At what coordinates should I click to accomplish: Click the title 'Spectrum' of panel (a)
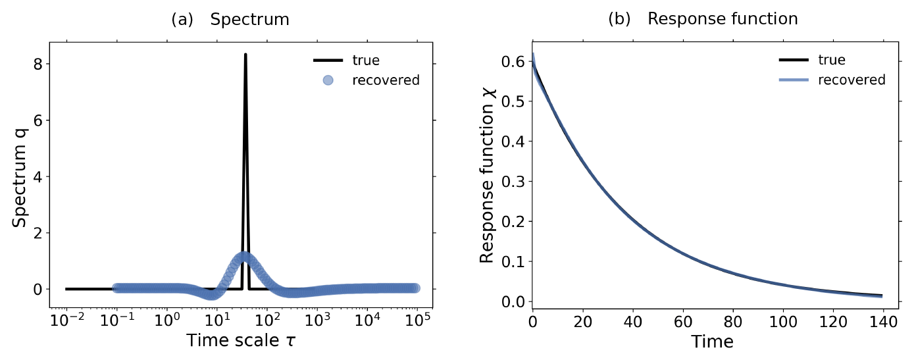click(x=249, y=20)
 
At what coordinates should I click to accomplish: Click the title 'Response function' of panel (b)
click(x=723, y=19)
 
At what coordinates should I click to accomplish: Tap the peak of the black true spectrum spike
click(x=245, y=55)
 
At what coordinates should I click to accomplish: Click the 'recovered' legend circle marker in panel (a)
click(x=328, y=80)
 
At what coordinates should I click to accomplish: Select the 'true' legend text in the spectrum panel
click(x=366, y=61)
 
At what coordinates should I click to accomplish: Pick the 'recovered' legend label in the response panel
click(x=851, y=80)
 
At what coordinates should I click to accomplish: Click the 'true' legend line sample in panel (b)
click(x=794, y=60)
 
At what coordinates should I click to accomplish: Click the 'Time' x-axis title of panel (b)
click(x=712, y=342)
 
